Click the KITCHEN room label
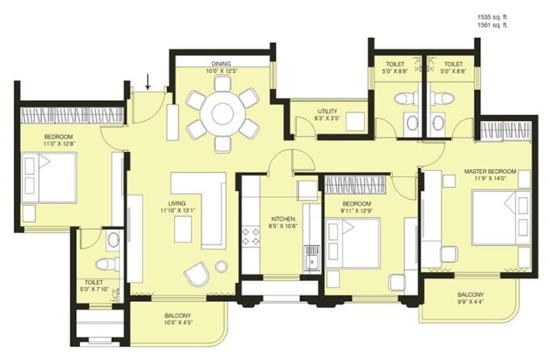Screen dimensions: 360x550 [283, 219]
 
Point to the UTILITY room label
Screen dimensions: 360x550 [328, 112]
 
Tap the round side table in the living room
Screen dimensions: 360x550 [222, 266]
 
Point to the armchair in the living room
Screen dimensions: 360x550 [195, 274]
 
